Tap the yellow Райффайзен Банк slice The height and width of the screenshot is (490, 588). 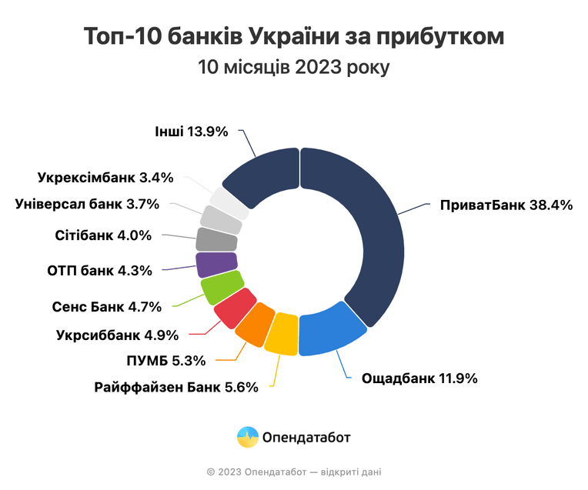(x=282, y=335)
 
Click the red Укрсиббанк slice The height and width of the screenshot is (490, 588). (x=236, y=308)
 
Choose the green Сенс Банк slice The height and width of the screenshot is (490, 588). (x=222, y=288)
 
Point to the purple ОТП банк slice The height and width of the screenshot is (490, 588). (x=217, y=265)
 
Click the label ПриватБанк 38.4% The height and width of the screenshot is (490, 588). (x=506, y=205)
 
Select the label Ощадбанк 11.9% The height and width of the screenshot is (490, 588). (x=419, y=378)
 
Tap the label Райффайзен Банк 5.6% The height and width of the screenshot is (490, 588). (x=176, y=387)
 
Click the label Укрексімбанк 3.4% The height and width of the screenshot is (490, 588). (x=105, y=178)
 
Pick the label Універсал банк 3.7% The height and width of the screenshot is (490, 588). (x=87, y=204)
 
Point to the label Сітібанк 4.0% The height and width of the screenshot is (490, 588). (x=103, y=235)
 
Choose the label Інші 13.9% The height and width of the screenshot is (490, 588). (x=192, y=132)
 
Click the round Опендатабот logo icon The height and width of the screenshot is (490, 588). (x=248, y=437)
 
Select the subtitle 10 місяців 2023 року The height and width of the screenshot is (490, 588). (x=294, y=68)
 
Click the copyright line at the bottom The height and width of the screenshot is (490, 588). (x=294, y=472)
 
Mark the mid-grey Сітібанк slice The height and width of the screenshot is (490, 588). (x=217, y=239)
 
